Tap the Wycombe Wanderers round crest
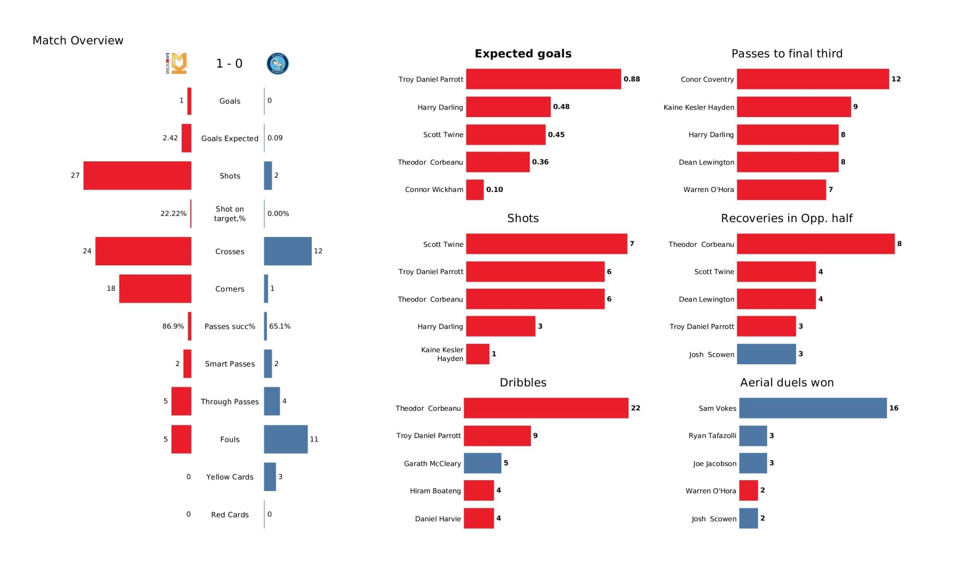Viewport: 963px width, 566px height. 278,64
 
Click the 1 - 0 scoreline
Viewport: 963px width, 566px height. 229,64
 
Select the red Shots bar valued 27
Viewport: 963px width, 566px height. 137,175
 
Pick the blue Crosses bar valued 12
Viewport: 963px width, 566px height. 288,251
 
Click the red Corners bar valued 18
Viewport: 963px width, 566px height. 155,289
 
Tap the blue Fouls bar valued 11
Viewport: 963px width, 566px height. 286,440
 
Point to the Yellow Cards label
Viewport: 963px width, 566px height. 230,477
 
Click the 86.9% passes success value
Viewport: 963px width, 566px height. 173,326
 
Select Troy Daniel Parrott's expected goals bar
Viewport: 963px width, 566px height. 544,79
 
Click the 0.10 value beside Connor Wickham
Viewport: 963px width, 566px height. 495,190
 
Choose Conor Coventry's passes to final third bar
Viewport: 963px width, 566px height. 813,79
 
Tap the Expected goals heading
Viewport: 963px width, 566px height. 523,53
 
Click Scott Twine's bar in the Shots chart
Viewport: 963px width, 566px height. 547,244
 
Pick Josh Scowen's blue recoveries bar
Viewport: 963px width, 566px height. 766,354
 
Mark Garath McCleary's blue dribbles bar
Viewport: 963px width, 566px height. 483,463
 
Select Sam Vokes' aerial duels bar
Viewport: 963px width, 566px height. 813,408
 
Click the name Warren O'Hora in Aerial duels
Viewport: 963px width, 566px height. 711,491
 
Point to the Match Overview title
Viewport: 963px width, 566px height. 78,41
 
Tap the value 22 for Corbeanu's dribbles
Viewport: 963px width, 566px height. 635,408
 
